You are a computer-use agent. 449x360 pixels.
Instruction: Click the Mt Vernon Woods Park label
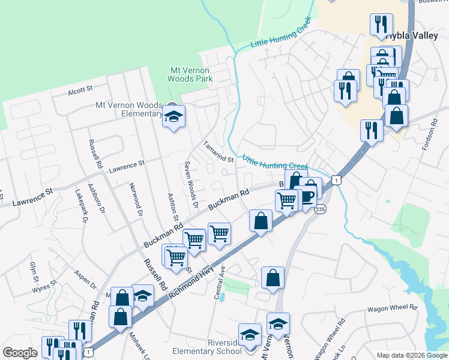(190, 74)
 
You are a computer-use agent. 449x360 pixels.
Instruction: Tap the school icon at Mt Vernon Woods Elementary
(173, 116)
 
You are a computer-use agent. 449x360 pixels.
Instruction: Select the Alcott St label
(80, 89)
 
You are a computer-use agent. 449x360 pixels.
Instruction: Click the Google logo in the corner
(20, 353)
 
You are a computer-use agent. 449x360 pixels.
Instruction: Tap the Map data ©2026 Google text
(411, 355)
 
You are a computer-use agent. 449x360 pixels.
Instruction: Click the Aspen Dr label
(85, 280)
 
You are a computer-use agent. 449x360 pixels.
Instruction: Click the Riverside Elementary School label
(206, 347)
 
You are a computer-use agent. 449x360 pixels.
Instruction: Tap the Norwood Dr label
(136, 200)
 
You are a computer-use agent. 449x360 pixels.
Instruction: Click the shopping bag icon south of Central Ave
(273, 278)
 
